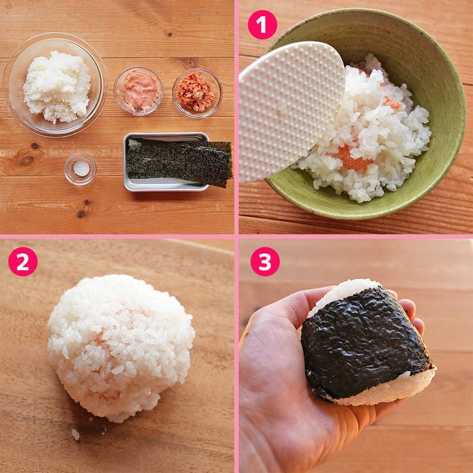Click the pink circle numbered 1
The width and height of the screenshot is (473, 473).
(262, 24)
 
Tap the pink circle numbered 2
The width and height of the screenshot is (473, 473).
(23, 262)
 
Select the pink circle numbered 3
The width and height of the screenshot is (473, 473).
(265, 262)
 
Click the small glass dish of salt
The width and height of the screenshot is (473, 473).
(80, 169)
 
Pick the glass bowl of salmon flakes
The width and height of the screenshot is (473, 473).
(197, 93)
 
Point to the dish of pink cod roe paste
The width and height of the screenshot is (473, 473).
(139, 91)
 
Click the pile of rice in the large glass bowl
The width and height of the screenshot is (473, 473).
(57, 86)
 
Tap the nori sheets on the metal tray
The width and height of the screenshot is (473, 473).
(179, 161)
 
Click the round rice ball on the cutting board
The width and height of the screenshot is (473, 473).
(121, 347)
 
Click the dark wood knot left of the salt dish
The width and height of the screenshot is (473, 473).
(26, 159)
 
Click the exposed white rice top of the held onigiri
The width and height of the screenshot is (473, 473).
(341, 293)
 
